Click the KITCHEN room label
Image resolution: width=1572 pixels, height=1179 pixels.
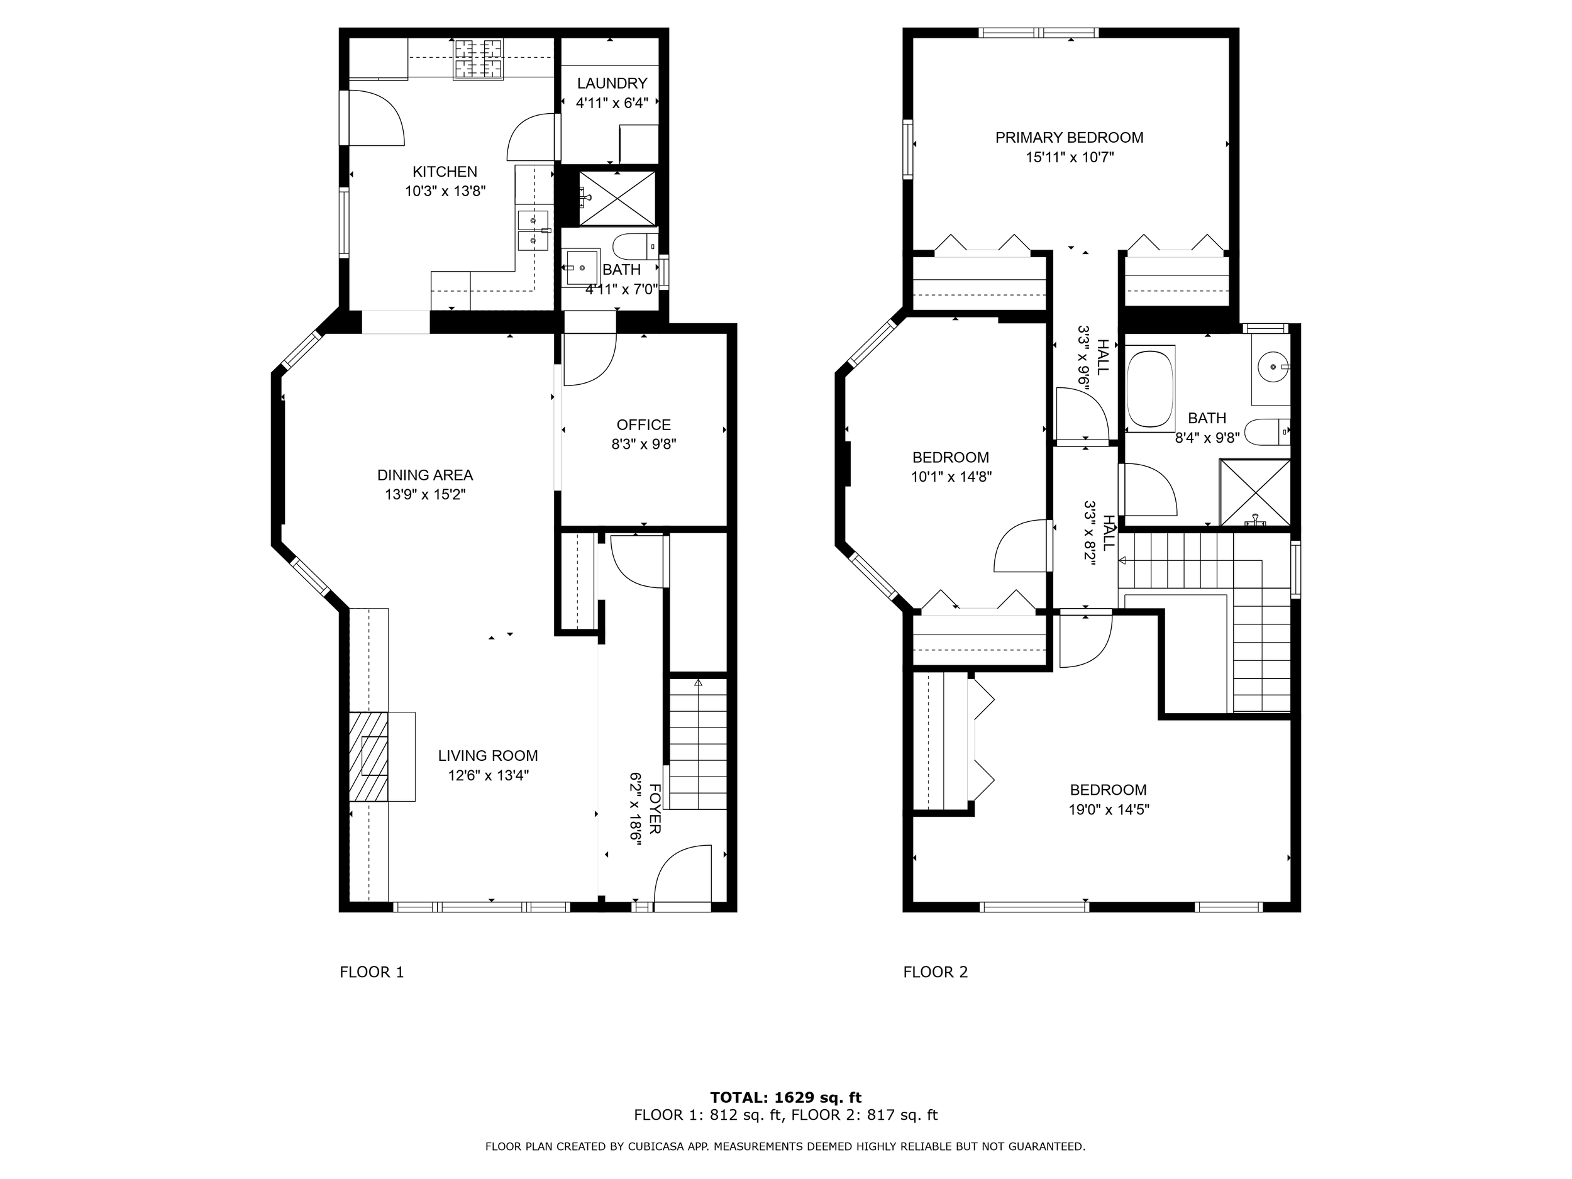445,171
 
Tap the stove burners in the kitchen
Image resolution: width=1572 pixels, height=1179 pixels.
479,59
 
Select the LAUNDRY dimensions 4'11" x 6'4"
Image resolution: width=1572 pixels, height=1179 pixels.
611,103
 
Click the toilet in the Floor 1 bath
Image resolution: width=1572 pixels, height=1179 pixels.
634,246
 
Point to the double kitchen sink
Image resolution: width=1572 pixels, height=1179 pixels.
533,231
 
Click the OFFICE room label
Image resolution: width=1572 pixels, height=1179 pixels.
643,424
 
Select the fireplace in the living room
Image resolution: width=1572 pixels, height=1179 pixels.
375,756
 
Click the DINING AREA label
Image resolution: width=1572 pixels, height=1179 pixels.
425,475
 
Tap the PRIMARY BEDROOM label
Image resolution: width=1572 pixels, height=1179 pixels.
1069,137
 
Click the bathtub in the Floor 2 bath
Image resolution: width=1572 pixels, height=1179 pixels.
1150,388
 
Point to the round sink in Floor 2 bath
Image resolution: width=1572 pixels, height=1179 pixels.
1271,367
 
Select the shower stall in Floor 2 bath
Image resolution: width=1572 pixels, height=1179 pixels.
1255,492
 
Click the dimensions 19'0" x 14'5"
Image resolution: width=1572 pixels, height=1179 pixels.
1109,809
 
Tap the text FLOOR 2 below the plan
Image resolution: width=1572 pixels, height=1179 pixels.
935,971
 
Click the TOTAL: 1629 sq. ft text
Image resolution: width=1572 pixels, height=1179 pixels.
785,1097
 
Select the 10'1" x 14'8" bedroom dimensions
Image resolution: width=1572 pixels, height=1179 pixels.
951,477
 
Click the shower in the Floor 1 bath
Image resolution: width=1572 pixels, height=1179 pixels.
617,198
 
